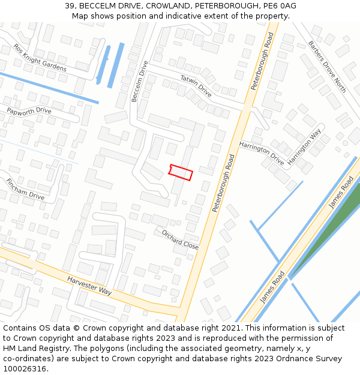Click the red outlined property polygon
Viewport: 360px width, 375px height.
tap(181, 172)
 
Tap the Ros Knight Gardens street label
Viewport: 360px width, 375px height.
tap(40, 58)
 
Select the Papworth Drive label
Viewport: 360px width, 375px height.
tap(29, 111)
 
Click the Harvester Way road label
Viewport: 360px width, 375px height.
tap(89, 286)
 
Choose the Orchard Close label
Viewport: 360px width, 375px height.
tap(180, 239)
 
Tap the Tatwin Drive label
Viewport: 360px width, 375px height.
tap(196, 85)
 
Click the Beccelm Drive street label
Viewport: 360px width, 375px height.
tap(139, 81)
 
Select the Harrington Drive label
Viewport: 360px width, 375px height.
tap(261, 154)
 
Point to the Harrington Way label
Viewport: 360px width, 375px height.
tap(304, 147)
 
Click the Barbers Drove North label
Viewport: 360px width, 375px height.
tap(327, 67)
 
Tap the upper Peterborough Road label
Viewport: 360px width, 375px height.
tap(262, 62)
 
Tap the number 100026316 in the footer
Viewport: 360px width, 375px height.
tap(25, 368)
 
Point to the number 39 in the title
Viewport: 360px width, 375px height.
tap(70, 6)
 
